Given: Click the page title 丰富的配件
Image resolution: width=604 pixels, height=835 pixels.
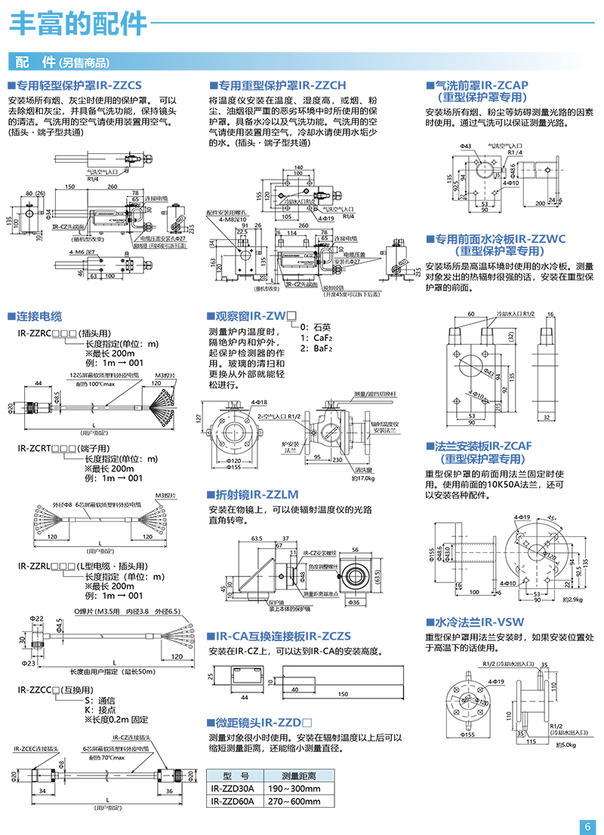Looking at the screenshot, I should click(x=79, y=23).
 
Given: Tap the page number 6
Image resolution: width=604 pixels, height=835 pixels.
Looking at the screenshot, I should click(x=587, y=825).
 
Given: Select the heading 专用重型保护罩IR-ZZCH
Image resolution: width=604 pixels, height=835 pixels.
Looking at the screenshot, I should click(x=277, y=86).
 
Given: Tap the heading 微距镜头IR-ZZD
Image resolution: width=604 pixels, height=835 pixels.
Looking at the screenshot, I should click(x=260, y=722).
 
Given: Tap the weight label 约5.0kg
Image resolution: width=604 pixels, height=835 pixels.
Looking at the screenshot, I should click(x=566, y=744).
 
